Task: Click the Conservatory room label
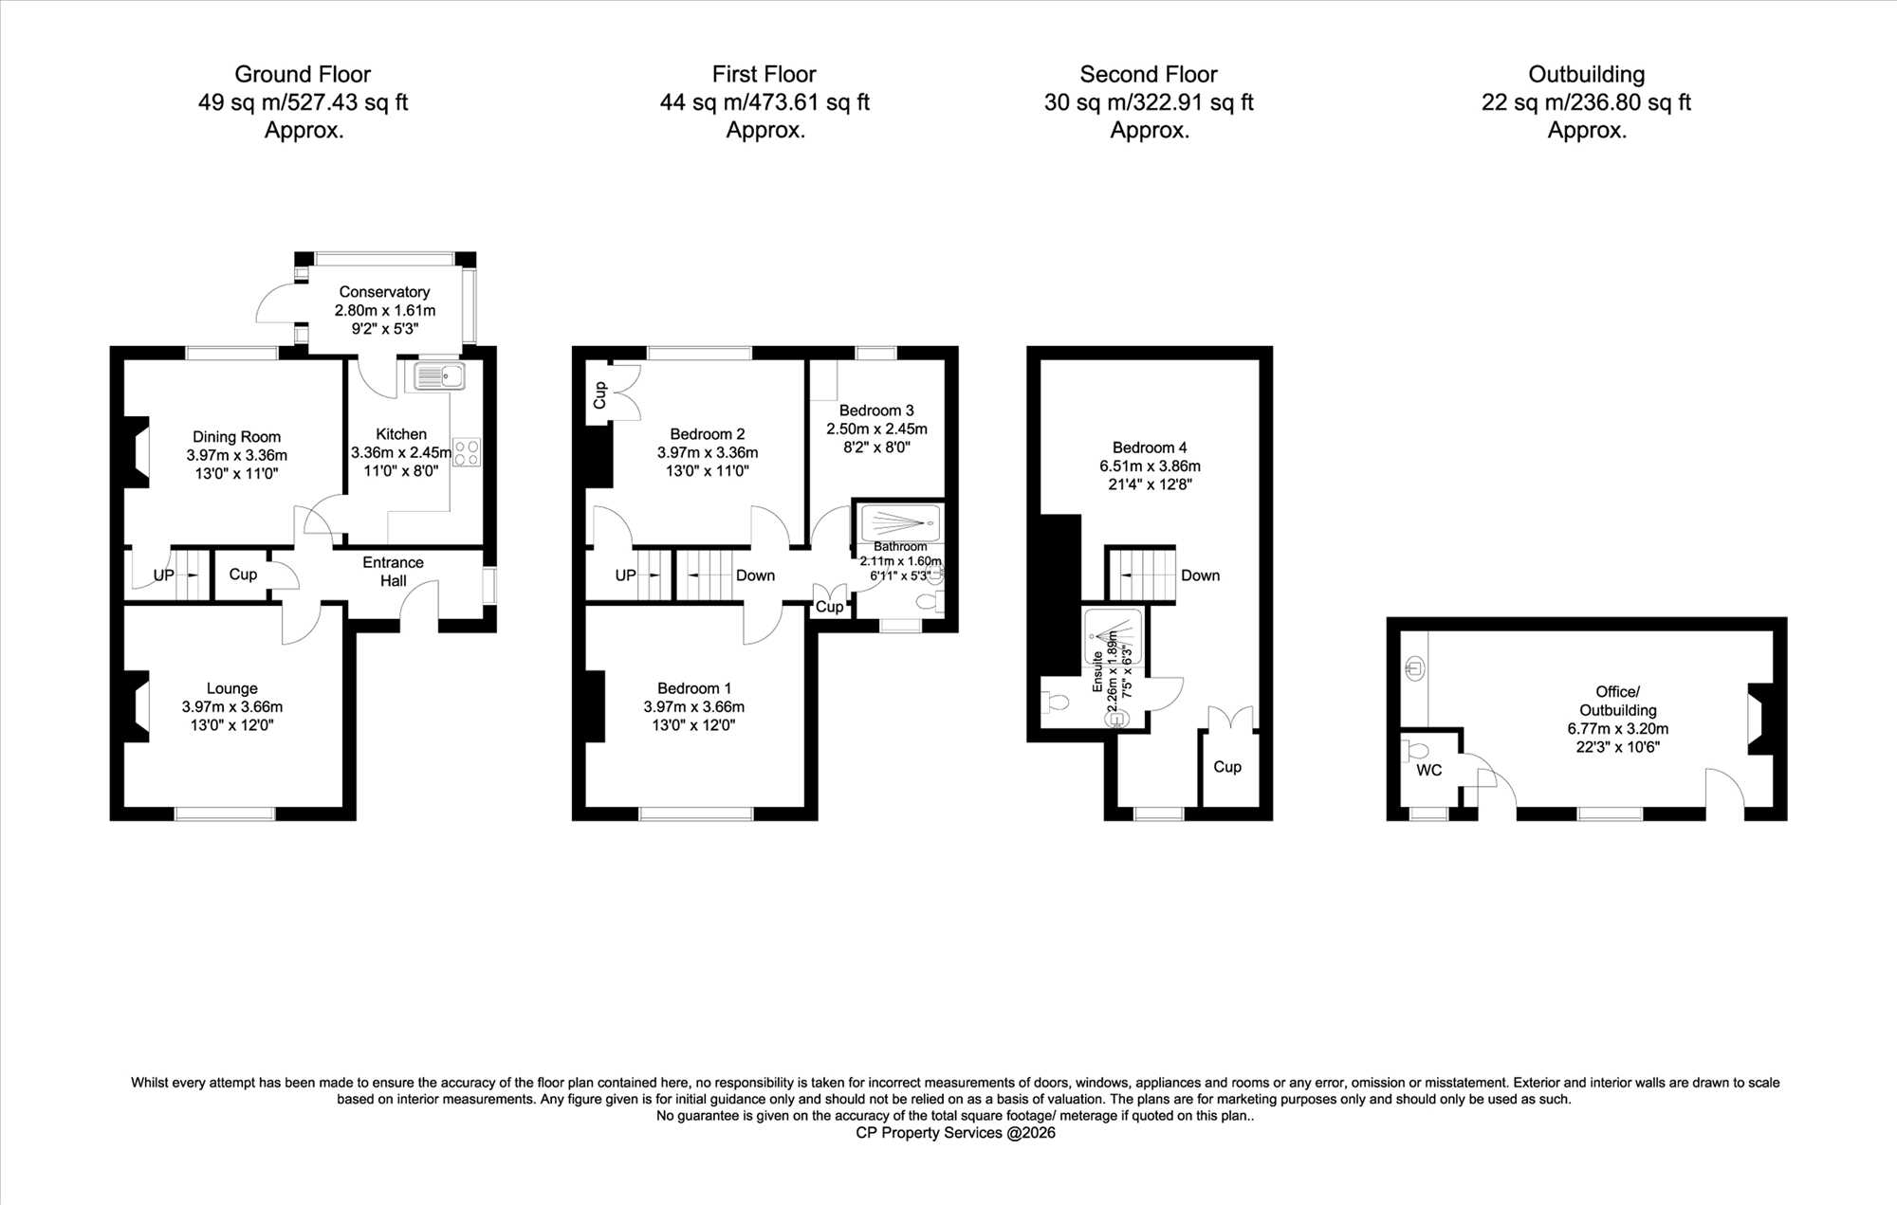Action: [x=384, y=292]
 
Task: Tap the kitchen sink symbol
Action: [x=439, y=376]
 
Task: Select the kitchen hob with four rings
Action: [x=467, y=452]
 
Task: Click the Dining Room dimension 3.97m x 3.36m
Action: [x=236, y=455]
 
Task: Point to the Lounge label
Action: [x=232, y=688]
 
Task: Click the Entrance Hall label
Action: [x=393, y=572]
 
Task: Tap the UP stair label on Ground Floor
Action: [x=164, y=575]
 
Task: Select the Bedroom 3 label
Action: [x=876, y=411]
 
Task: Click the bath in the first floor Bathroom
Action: [x=900, y=522]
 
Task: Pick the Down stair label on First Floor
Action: [x=755, y=575]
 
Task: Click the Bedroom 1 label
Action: [x=694, y=688]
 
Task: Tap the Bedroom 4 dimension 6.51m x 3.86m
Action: [x=1151, y=466]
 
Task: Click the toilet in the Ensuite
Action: [x=1056, y=703]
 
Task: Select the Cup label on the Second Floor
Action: [x=1227, y=767]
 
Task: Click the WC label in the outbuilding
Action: [x=1429, y=771]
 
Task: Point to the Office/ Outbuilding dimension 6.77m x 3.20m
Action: [x=1618, y=729]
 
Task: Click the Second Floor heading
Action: [x=1149, y=74]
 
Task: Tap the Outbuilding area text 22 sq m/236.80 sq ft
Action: [x=1587, y=102]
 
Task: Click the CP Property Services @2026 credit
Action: [x=955, y=1133]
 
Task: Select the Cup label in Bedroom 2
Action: [x=599, y=395]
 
